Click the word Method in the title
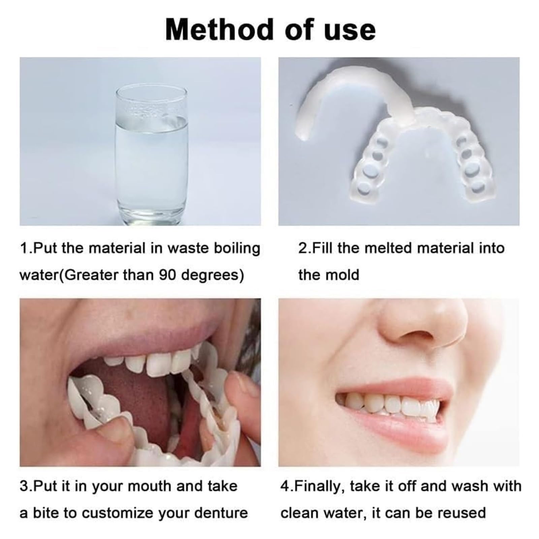click(x=219, y=30)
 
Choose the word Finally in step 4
click(x=320, y=486)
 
